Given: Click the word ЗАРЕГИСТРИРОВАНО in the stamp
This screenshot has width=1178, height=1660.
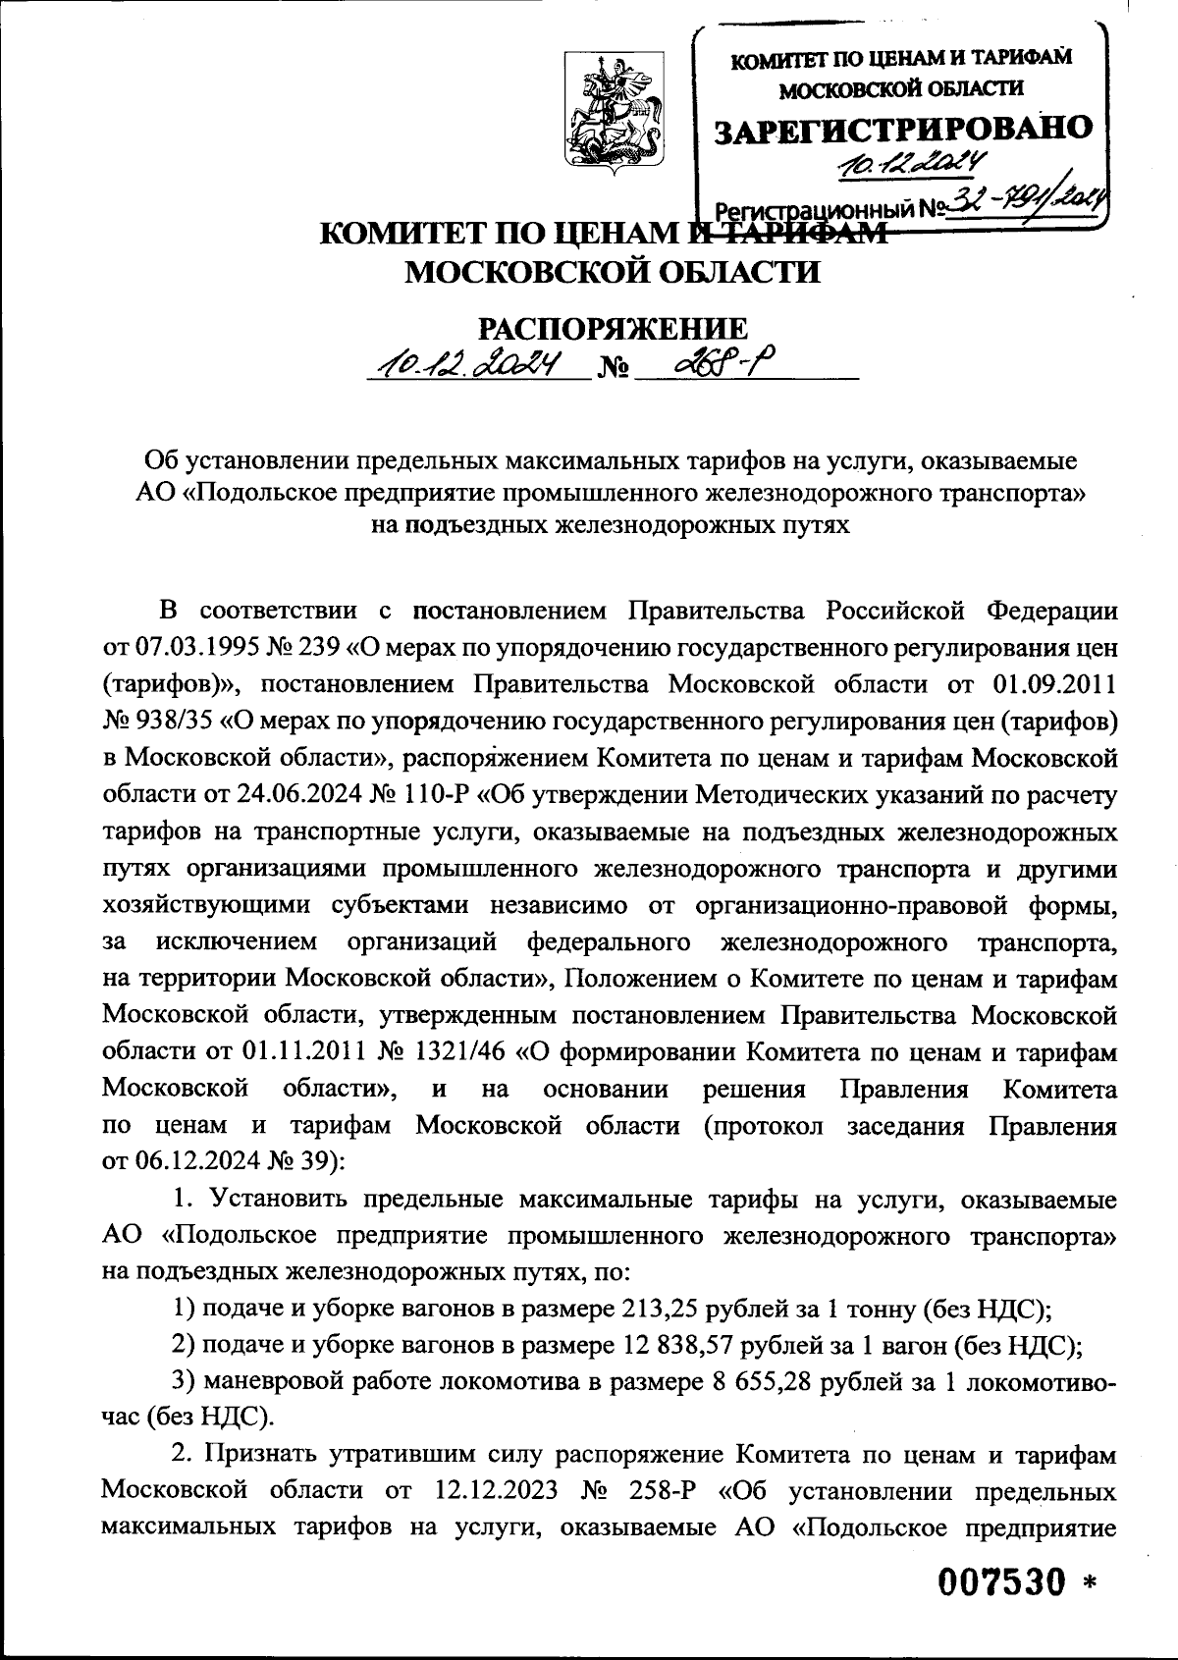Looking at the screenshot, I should (x=902, y=128).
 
